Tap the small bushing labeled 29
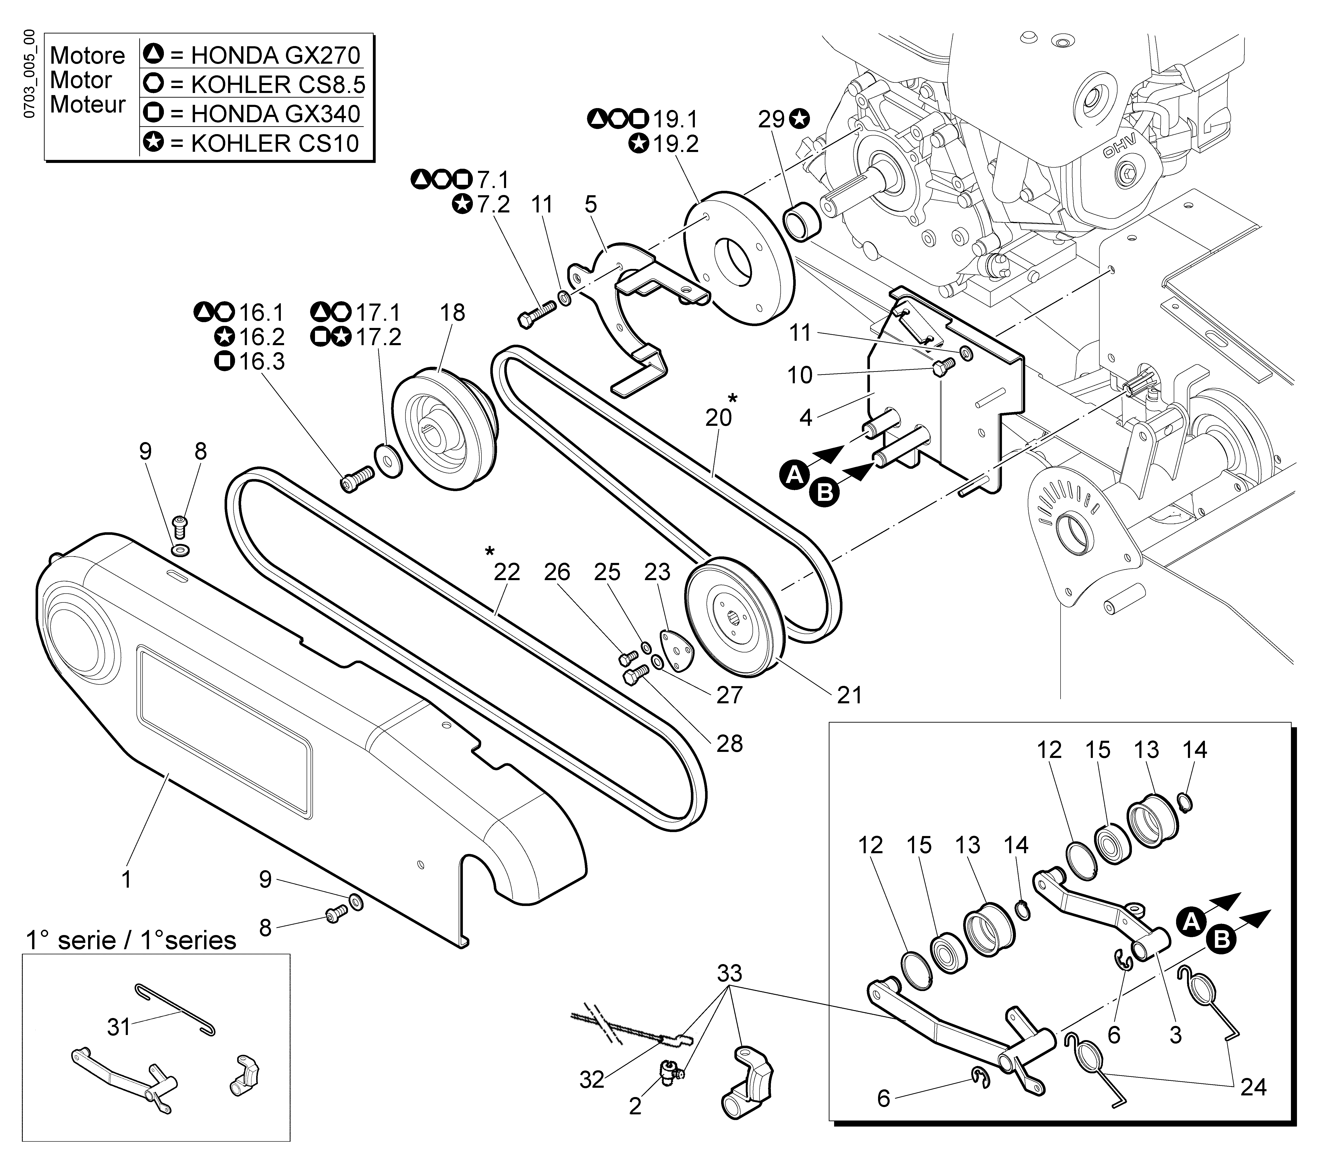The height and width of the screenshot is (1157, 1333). [803, 223]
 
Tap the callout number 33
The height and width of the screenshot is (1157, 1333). [730, 973]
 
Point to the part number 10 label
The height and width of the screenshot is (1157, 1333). [799, 375]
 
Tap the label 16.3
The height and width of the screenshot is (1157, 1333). [262, 362]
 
